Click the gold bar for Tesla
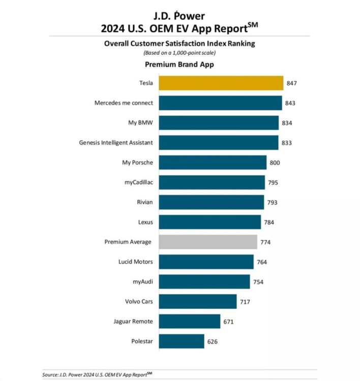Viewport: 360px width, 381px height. coord(221,83)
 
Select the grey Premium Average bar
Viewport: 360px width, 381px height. coord(208,242)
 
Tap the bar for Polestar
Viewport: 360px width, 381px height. coord(182,341)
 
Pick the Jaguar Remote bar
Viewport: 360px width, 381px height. coord(189,321)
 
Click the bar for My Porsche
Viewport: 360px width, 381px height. coord(213,163)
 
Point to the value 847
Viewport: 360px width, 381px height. coord(291,83)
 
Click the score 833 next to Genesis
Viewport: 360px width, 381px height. coord(286,143)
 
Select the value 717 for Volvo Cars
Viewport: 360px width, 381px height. coord(245,301)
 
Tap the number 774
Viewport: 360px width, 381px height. coord(265,242)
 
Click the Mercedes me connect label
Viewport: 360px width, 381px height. coord(124,103)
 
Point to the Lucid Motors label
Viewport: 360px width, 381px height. coord(135,262)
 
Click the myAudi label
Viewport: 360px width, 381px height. coord(142,281)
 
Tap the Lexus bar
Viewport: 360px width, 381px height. coord(209,222)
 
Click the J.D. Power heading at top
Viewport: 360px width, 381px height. coord(179,12)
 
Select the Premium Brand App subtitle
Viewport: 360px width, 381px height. coord(179,65)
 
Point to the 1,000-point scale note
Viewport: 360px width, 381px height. coord(179,53)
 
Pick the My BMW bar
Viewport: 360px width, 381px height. coord(219,123)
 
